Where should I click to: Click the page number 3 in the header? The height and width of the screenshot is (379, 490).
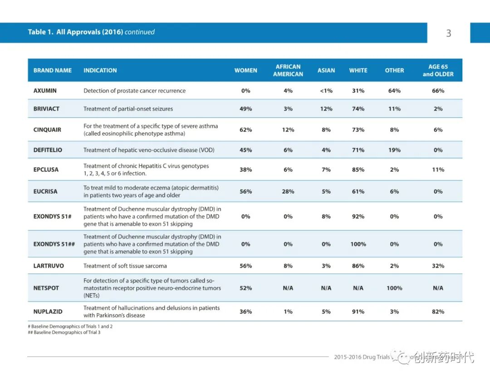pos(449,33)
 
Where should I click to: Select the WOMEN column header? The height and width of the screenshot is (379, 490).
pos(245,70)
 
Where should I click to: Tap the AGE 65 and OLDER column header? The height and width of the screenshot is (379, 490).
pos(438,70)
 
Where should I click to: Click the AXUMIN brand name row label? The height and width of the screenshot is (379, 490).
pos(45,90)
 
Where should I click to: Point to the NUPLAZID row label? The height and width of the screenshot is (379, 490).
pos(48,312)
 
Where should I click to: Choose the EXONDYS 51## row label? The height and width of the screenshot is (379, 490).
pos(54,244)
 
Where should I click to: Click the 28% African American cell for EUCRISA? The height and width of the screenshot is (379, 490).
pos(288,192)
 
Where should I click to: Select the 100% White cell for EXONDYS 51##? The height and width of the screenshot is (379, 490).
pos(358,244)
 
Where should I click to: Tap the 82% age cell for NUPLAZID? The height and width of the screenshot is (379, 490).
pos(438,312)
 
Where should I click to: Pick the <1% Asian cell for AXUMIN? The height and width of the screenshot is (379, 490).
pos(326,90)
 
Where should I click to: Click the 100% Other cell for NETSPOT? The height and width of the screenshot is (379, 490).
pos(394,288)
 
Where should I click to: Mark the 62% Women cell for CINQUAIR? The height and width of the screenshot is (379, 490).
pos(245,130)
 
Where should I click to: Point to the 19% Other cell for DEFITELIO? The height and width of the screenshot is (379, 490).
pos(394,150)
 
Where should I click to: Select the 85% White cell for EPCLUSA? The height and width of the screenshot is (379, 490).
pos(358,170)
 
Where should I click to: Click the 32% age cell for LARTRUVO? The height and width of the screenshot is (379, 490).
pos(438,266)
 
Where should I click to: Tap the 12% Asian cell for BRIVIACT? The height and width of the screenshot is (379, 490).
pos(326,109)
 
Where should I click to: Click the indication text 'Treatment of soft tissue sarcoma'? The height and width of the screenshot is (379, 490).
pos(125,266)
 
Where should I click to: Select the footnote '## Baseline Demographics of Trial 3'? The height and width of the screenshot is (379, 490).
pos(64,332)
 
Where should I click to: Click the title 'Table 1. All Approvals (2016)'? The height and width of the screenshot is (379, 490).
pos(75,32)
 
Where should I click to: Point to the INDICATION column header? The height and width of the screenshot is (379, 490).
pos(100,70)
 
